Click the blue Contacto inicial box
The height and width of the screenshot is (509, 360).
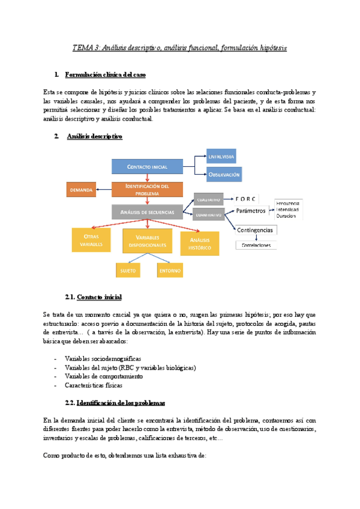point(147,166)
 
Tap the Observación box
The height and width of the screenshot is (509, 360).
point(224,175)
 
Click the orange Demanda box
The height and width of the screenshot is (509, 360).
point(81,190)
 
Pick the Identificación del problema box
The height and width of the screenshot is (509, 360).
point(147,190)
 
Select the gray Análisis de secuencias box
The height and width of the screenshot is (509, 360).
point(147,212)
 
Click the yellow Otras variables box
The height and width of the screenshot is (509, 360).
point(91,241)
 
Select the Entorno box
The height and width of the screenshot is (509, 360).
point(170,271)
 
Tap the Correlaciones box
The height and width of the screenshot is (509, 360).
point(256,245)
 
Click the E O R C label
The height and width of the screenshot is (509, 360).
point(252,199)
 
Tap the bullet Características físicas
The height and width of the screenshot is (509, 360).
point(96,385)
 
